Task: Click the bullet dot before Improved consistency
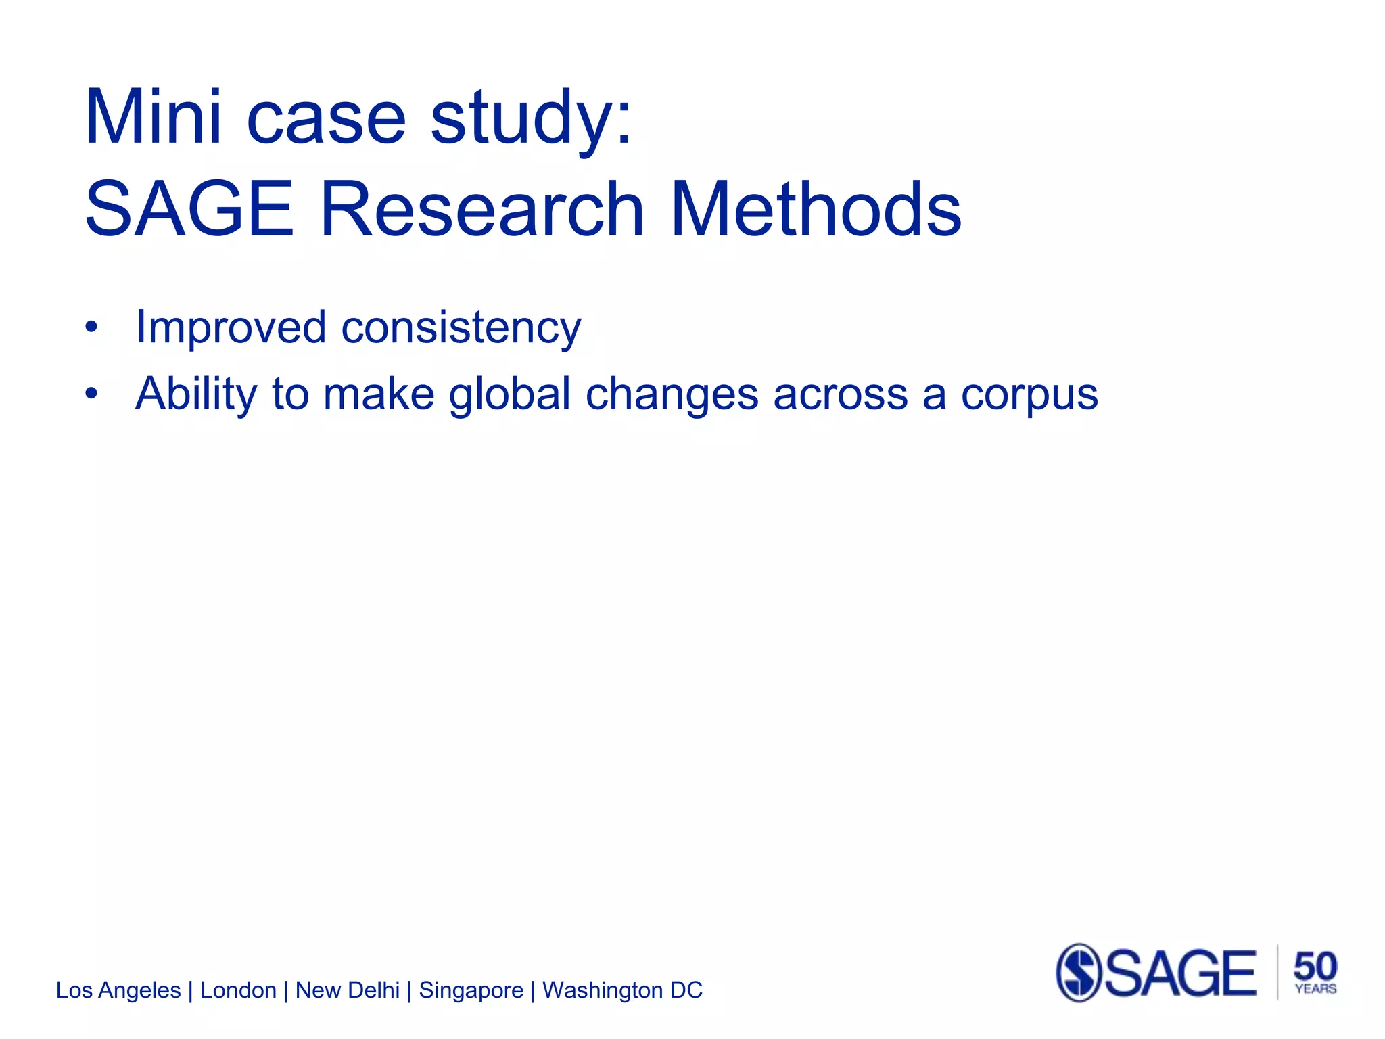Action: [x=91, y=329]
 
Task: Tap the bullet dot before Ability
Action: [x=91, y=394]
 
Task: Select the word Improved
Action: [x=231, y=329]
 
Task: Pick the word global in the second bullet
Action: [x=510, y=394]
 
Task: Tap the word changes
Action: [x=672, y=394]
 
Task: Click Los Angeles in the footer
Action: [x=118, y=990]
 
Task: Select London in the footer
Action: [x=238, y=990]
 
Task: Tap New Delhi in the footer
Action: [x=348, y=990]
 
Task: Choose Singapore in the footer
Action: [x=471, y=991]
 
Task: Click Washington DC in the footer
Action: [x=622, y=990]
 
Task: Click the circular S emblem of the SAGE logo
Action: [x=1079, y=973]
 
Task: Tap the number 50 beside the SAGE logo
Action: [x=1315, y=966]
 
